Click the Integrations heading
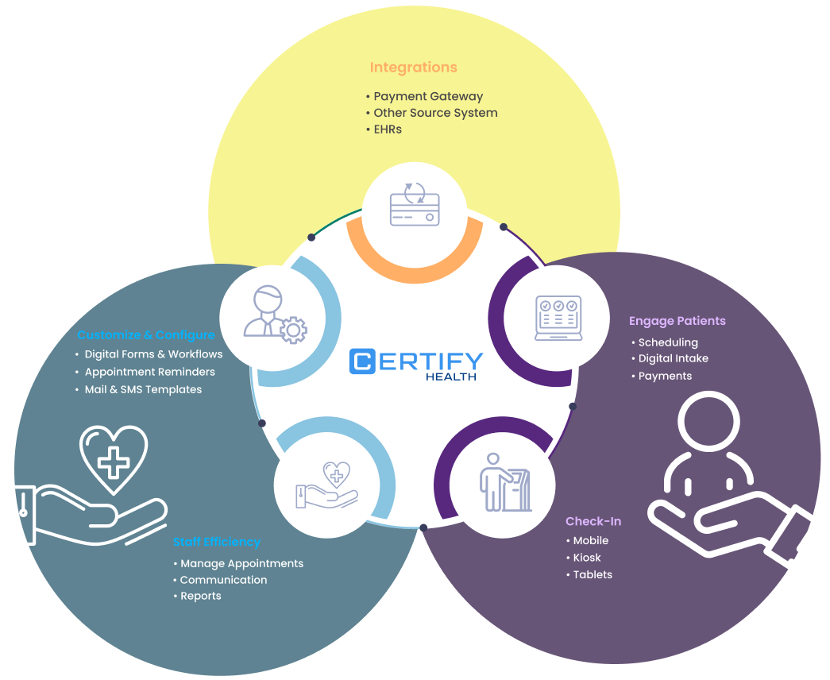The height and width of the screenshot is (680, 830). coord(413,68)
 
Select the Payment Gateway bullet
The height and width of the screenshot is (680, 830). coord(428,96)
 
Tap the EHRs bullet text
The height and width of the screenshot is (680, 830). coord(388,129)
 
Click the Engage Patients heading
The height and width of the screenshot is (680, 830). coord(677,321)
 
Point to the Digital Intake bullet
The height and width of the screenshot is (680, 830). coord(673,358)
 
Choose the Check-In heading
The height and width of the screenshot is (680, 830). coord(593,521)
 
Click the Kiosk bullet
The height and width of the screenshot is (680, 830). coord(587,558)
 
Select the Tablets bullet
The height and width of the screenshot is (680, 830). coord(593,574)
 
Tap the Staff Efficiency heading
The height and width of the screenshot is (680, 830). coord(216,542)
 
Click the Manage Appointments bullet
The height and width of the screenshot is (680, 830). coord(241,563)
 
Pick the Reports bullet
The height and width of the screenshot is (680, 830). coord(200,596)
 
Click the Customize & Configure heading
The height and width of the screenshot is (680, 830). coord(146,334)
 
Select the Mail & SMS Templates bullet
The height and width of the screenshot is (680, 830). coord(143,389)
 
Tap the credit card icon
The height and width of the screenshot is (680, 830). coord(414,206)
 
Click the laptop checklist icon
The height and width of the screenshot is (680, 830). coord(558,319)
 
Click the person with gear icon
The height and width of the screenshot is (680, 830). coord(274,311)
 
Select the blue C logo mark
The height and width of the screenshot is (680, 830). coord(362,361)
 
